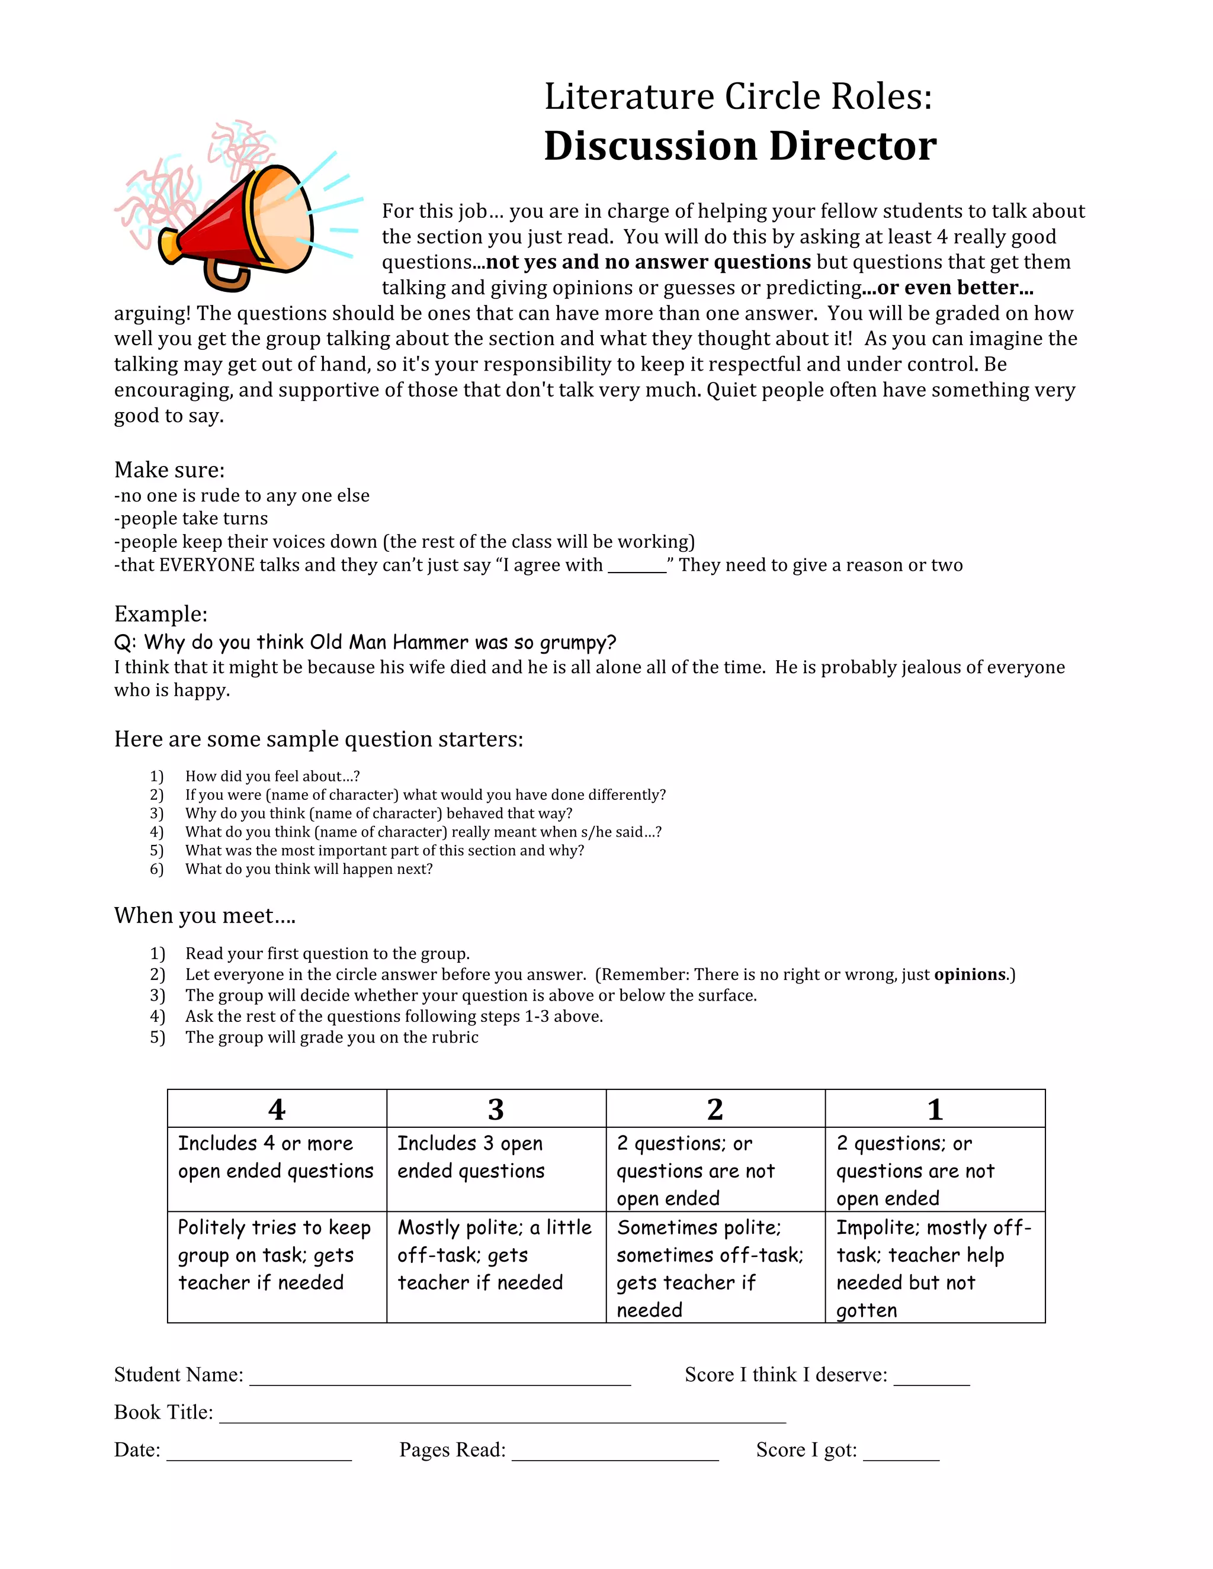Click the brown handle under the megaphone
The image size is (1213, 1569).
[226, 277]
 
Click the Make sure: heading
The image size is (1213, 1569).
[169, 470]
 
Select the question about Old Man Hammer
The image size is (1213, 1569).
[365, 642]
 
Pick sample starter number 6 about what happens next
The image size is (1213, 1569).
[309, 869]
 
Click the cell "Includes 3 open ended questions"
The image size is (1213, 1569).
[471, 1158]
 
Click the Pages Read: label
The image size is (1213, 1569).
[452, 1450]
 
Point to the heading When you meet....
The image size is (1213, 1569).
[205, 915]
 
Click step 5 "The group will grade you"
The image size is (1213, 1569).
[331, 1037]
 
